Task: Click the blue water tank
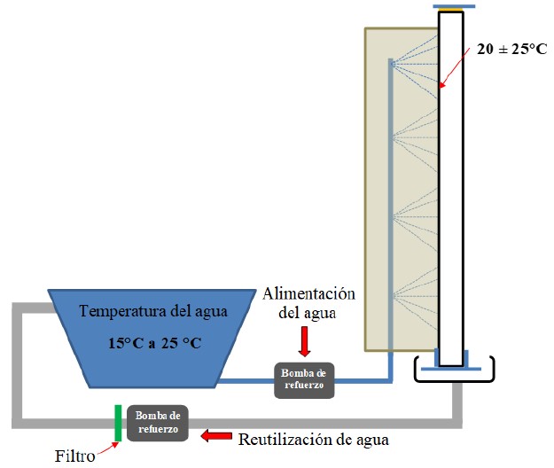point(142,337)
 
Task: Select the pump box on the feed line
point(304,378)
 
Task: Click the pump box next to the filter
point(159,422)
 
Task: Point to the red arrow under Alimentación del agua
point(304,339)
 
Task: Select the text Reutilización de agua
point(313,438)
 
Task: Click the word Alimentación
point(309,294)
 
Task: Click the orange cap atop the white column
point(451,9)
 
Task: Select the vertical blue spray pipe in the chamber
point(390,213)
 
